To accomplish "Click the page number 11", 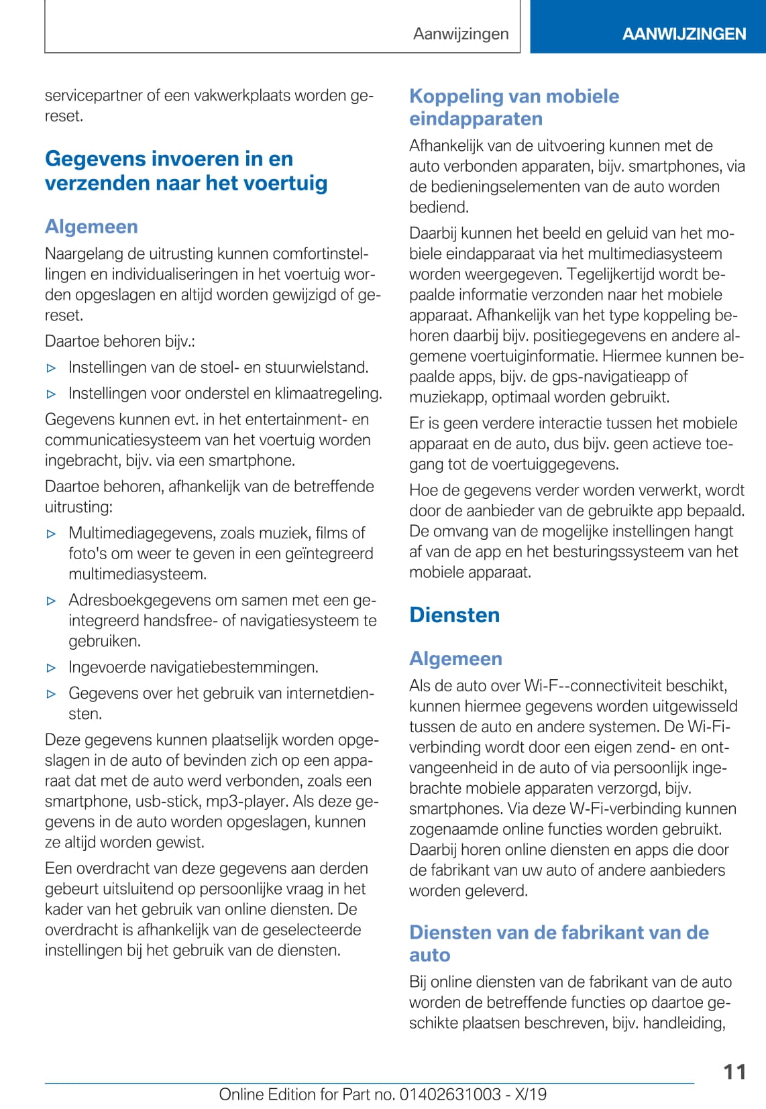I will (x=734, y=1071).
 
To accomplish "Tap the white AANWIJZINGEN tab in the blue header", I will (x=683, y=34).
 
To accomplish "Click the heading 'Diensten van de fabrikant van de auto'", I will (x=559, y=943).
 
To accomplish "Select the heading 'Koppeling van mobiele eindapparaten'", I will (x=514, y=107).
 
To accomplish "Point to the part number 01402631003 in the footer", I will (x=450, y=1094).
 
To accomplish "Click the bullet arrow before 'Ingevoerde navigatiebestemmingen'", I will (x=52, y=668).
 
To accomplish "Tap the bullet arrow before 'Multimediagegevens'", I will (x=52, y=534).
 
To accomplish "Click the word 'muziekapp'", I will (x=445, y=397).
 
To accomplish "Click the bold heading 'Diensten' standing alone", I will (x=454, y=615).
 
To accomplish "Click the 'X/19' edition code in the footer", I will (x=530, y=1094).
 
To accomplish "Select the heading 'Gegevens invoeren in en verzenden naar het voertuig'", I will (x=186, y=170).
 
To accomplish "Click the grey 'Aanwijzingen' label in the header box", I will (x=461, y=34).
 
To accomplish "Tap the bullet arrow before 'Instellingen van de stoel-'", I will (x=52, y=367).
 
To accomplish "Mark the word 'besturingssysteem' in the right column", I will (x=624, y=552).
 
